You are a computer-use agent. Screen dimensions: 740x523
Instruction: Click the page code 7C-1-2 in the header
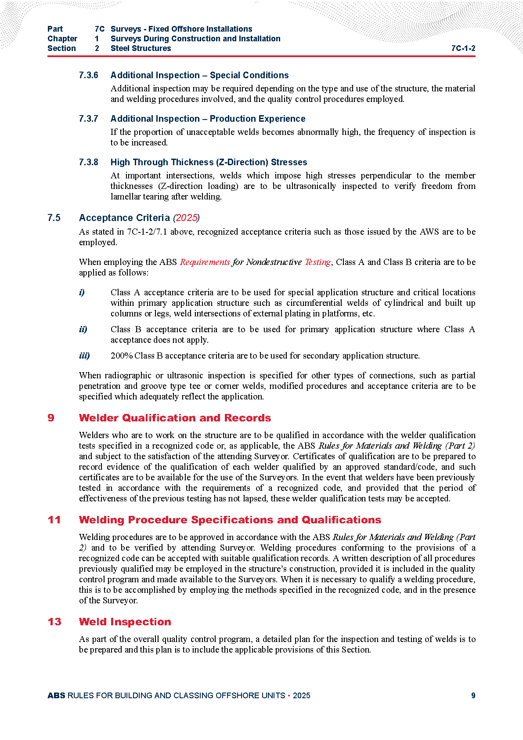(x=463, y=48)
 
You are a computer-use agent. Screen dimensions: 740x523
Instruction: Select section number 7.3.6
(x=88, y=75)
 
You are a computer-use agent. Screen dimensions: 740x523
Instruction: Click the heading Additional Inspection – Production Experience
(x=208, y=119)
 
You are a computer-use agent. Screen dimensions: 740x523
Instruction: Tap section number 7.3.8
(x=88, y=162)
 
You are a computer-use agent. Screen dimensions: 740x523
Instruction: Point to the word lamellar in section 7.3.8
(x=126, y=197)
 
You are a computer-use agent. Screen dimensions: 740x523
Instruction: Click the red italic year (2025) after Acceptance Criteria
(x=186, y=218)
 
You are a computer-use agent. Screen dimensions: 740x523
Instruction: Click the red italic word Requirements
(x=205, y=262)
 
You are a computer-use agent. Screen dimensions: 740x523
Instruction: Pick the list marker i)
(x=82, y=292)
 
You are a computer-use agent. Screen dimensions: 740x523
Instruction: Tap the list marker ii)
(x=83, y=329)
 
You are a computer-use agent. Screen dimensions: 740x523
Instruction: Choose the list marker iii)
(x=84, y=355)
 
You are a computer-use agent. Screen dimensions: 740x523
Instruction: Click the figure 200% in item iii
(x=122, y=355)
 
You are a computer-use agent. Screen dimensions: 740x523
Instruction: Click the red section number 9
(x=51, y=418)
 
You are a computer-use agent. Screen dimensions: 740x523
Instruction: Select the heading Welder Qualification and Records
(x=175, y=418)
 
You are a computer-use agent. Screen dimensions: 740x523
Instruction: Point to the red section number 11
(x=54, y=520)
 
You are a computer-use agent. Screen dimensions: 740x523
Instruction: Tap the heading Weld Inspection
(x=125, y=622)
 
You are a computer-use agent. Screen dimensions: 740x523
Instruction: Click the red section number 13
(x=54, y=622)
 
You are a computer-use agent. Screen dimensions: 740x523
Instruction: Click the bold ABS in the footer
(x=56, y=696)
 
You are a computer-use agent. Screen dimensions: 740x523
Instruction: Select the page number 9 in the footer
(x=473, y=696)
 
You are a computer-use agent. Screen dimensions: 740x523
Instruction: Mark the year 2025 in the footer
(x=301, y=696)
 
